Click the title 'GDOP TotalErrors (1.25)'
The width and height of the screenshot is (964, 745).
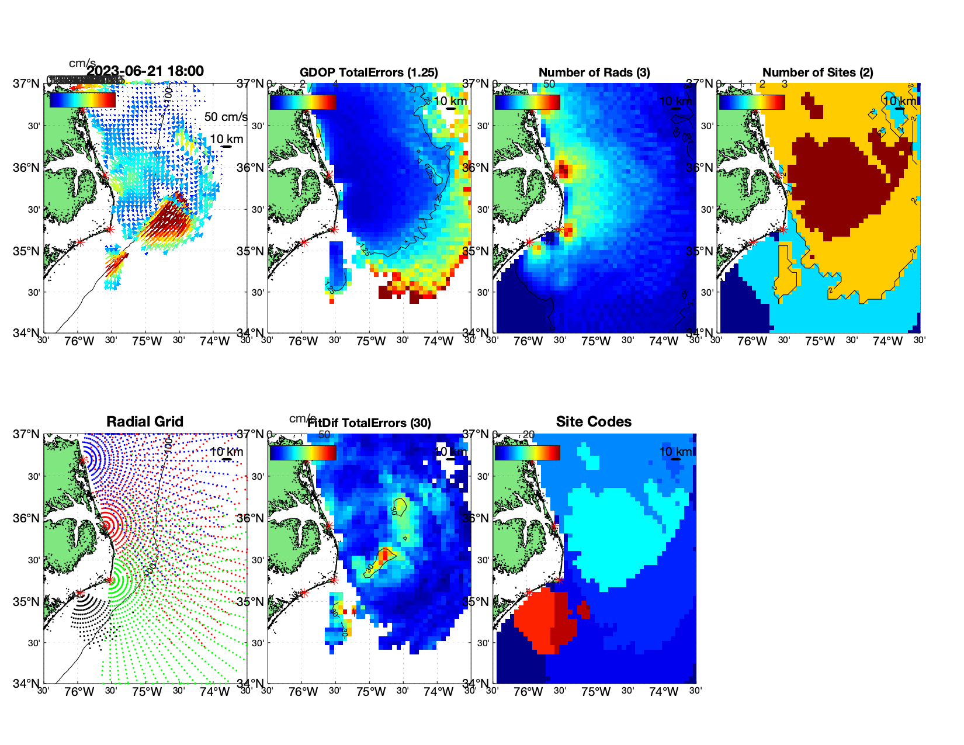(369, 72)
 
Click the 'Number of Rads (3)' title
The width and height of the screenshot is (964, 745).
(594, 72)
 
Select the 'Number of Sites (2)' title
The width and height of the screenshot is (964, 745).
(818, 72)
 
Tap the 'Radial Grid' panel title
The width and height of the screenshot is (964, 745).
(145, 422)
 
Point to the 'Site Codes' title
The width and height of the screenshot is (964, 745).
(594, 422)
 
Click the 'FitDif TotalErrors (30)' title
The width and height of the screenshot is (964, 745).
(369, 423)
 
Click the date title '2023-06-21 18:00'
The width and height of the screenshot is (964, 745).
(145, 71)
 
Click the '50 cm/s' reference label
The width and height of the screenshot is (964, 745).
(226, 117)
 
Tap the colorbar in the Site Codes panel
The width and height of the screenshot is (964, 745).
(527, 453)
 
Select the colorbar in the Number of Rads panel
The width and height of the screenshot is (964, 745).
(527, 102)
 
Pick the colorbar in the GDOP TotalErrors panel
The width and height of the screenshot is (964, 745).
(303, 102)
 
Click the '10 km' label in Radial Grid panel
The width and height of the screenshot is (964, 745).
(226, 452)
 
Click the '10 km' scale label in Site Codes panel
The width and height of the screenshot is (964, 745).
(675, 452)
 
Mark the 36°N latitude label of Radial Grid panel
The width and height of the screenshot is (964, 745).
(27, 518)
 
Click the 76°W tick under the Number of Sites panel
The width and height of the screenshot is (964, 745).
(752, 341)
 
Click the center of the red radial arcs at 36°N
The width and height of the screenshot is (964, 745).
(106, 525)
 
